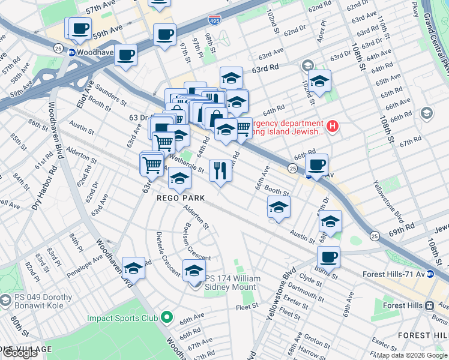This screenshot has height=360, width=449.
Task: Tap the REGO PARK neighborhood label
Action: [x=181, y=198]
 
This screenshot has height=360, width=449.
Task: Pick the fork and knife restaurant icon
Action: [x=220, y=170]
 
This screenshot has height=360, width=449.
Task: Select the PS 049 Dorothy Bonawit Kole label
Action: [x=40, y=302]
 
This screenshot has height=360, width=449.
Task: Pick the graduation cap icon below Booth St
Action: [x=279, y=208]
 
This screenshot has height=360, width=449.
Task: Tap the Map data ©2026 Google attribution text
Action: [x=412, y=355]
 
